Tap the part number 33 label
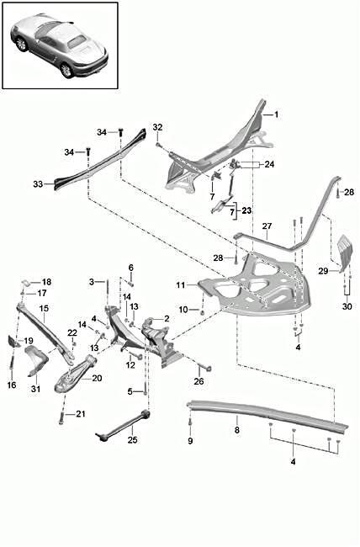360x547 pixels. coord(37,183)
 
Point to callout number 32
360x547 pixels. coord(157,128)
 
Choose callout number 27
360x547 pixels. coord(266,226)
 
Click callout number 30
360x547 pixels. coord(347,306)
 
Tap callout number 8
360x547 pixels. coord(236,430)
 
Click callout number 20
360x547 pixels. coord(97,379)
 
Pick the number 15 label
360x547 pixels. coord(20,309)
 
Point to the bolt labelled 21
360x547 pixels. coord(62,416)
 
